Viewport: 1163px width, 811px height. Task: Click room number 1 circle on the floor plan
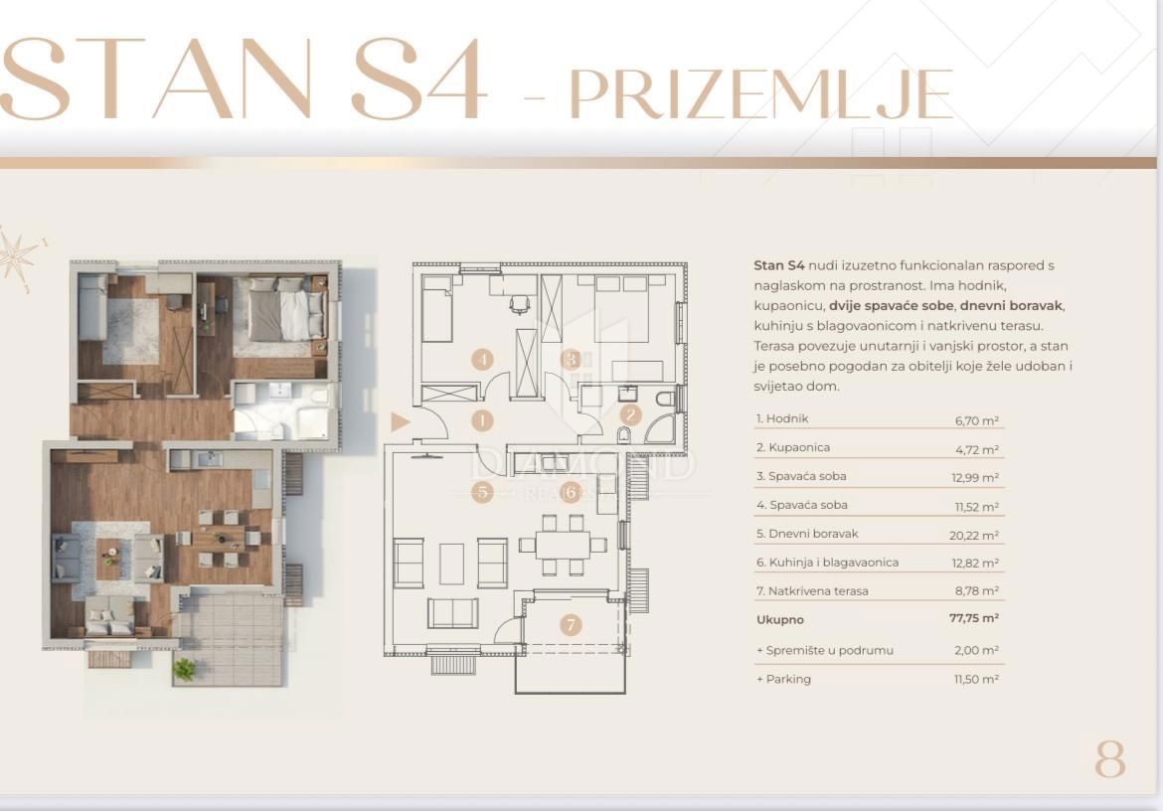click(x=482, y=420)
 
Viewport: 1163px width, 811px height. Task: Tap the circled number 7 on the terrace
click(x=570, y=625)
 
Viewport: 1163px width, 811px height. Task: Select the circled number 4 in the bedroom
click(x=482, y=360)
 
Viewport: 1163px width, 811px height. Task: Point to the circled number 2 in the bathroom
click(x=630, y=414)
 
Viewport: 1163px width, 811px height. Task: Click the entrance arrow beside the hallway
click(x=400, y=422)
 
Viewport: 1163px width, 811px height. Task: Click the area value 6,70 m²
click(x=976, y=420)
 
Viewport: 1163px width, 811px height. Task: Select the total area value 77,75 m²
click(x=973, y=618)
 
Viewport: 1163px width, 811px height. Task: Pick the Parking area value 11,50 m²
click(x=976, y=679)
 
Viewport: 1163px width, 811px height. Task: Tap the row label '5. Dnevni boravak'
click(x=806, y=534)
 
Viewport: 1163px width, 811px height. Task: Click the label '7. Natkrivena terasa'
click(x=811, y=591)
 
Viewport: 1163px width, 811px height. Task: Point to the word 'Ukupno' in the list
click(x=779, y=619)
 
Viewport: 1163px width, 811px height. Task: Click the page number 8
click(x=1110, y=760)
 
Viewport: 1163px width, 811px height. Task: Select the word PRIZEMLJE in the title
click(x=760, y=94)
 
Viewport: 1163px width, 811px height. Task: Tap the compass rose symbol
click(x=17, y=256)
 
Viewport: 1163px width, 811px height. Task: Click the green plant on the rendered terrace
click(x=185, y=669)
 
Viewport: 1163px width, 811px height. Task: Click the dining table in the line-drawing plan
click(x=563, y=545)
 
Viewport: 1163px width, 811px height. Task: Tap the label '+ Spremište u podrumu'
click(x=824, y=650)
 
